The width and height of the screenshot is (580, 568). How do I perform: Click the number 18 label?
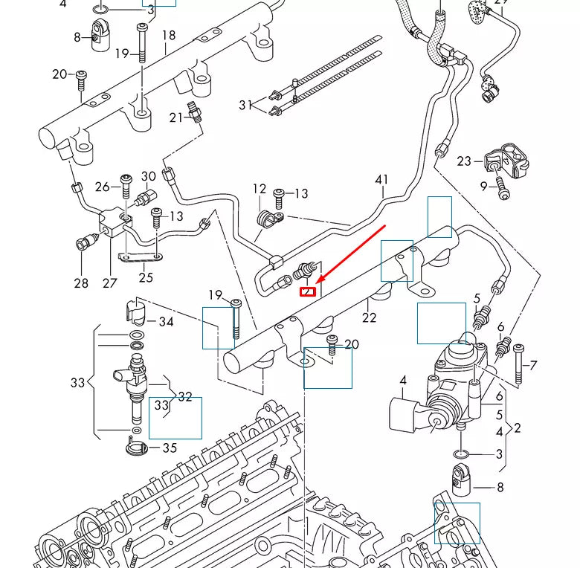(x=169, y=35)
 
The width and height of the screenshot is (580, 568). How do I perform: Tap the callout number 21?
(x=176, y=117)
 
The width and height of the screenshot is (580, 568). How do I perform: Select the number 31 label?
(x=246, y=106)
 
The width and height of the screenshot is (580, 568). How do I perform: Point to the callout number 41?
(x=381, y=179)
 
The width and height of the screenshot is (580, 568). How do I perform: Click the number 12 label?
(x=259, y=189)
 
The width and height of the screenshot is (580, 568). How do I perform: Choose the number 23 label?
(x=464, y=161)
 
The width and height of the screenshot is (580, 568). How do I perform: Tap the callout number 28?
(x=81, y=283)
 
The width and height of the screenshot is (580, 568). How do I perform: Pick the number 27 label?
(x=110, y=283)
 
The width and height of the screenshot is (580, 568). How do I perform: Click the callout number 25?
(x=146, y=277)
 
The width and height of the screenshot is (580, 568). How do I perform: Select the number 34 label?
(x=167, y=322)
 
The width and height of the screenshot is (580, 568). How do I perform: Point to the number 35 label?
(x=170, y=448)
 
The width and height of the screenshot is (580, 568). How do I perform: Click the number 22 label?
(x=370, y=318)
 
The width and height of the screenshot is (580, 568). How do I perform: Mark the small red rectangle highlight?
(x=307, y=291)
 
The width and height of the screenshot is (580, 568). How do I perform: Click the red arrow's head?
(x=319, y=281)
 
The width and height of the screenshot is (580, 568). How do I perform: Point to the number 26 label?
(x=103, y=186)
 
